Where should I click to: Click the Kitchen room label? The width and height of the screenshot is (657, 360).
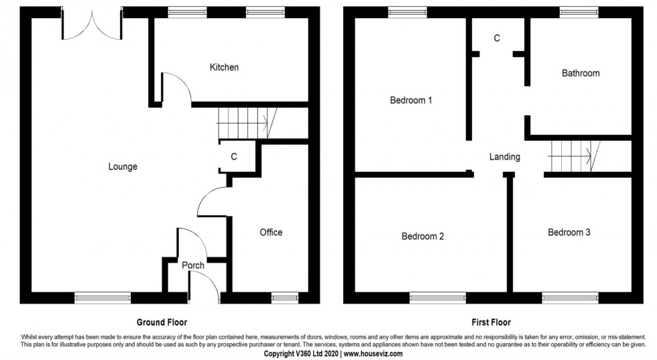(x=224, y=67)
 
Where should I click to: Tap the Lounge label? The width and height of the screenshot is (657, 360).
(x=123, y=167)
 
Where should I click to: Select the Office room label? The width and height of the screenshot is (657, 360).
(x=271, y=232)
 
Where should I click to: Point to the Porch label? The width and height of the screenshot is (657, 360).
(x=193, y=265)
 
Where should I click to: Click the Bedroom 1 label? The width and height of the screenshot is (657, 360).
(x=411, y=101)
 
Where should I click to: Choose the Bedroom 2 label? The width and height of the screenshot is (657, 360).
(x=423, y=236)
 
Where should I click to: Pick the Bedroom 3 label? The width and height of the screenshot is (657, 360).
(x=569, y=233)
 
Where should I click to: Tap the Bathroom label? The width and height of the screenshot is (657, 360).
(x=581, y=73)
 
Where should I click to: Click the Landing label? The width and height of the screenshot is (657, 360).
(x=504, y=157)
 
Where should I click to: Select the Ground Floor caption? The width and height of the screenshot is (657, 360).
(x=162, y=322)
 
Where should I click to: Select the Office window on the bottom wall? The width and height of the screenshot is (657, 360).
(x=284, y=297)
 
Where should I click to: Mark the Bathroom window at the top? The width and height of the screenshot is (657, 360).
(x=579, y=11)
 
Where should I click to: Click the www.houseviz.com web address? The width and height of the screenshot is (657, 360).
(x=373, y=353)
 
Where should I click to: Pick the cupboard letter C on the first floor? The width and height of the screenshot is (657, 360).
(x=497, y=38)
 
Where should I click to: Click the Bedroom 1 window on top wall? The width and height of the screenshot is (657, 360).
(x=407, y=11)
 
